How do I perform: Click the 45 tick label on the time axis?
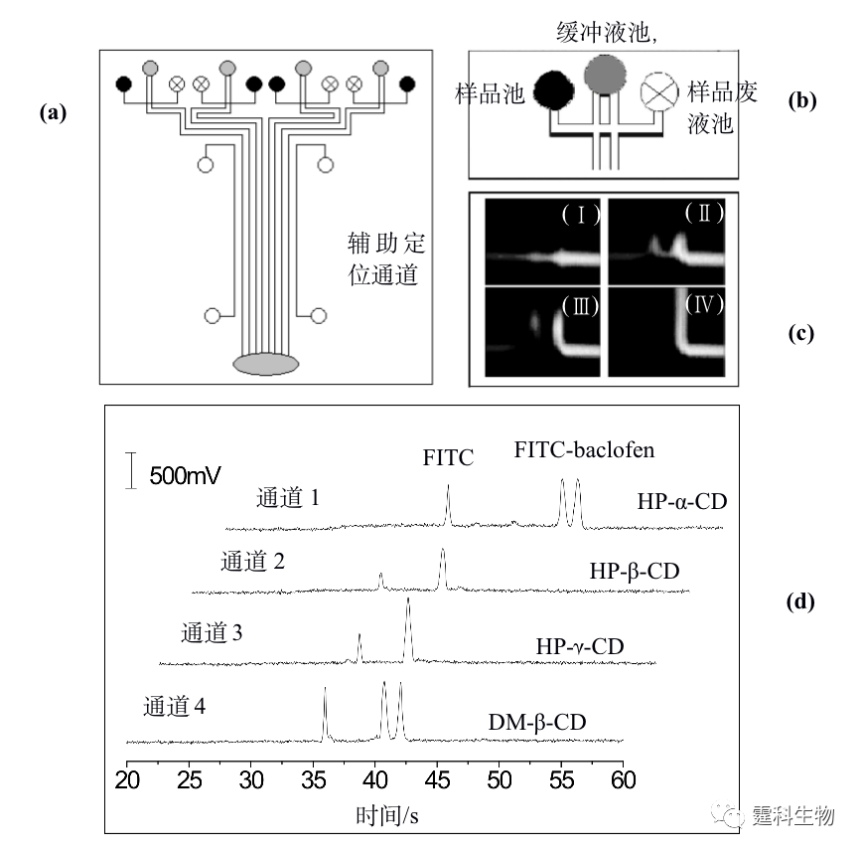[x=438, y=780]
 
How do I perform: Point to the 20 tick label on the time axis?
[x=127, y=780]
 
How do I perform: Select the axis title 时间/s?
[x=387, y=815]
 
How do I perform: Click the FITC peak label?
[x=448, y=458]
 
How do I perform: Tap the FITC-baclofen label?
[x=584, y=450]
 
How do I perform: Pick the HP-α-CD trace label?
[x=682, y=501]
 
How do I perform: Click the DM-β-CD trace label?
[x=537, y=722]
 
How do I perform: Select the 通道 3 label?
[x=212, y=633]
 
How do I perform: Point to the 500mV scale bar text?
[x=185, y=475]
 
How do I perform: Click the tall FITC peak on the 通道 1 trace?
[x=449, y=503]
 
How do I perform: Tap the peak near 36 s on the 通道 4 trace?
[x=325, y=713]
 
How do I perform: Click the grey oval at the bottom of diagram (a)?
[x=265, y=364]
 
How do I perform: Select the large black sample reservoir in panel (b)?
[x=553, y=90]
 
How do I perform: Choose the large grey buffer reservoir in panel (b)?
[x=605, y=74]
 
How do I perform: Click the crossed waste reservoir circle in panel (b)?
[x=659, y=91]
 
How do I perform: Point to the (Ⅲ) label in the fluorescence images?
[x=581, y=306]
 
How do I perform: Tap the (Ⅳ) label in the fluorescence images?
[x=704, y=304]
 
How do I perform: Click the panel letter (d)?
[x=800, y=601]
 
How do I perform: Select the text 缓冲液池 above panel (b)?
[x=603, y=32]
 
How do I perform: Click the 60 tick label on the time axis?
[x=624, y=780]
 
